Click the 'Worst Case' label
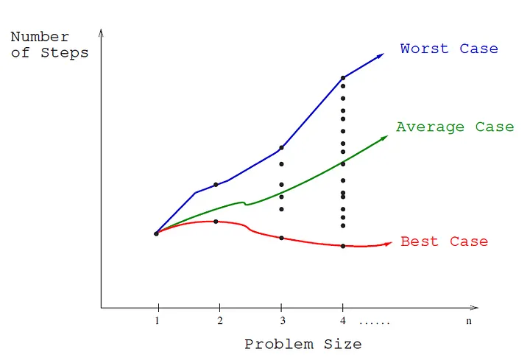click(x=449, y=49)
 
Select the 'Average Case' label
click(x=454, y=127)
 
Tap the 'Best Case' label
click(x=444, y=241)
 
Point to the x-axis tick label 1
click(x=157, y=321)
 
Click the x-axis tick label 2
click(x=219, y=321)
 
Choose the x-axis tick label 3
click(x=280, y=321)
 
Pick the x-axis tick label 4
click(x=342, y=321)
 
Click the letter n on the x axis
click(x=468, y=321)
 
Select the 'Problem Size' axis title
click(x=303, y=344)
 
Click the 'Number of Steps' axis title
click(x=50, y=45)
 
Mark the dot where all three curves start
click(x=156, y=233)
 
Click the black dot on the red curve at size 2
click(x=216, y=222)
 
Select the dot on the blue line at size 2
click(x=216, y=185)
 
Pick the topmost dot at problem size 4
click(x=342, y=77)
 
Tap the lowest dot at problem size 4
click(x=343, y=246)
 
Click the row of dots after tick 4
click(x=375, y=322)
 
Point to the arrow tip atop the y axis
click(x=101, y=32)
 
